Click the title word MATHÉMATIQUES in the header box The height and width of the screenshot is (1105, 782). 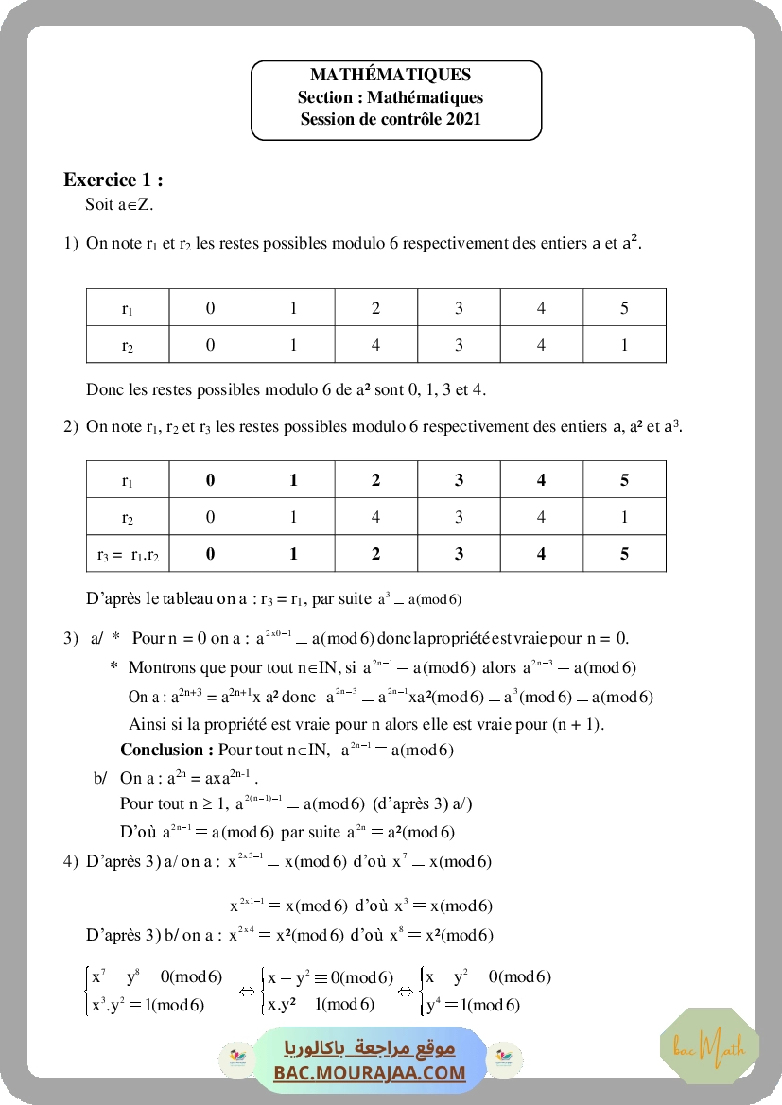coord(391,76)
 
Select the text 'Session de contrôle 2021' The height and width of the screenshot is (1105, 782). coord(391,119)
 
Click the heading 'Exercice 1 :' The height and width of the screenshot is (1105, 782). coord(113,180)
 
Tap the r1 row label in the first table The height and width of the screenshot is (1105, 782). coord(128,308)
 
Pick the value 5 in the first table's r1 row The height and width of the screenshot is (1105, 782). coord(624,308)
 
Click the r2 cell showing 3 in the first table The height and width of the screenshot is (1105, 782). coord(459,345)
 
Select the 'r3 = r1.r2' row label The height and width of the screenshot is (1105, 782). coord(128,555)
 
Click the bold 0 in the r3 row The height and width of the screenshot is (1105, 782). coord(210,555)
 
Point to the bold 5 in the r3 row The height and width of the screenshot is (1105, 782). coord(624,555)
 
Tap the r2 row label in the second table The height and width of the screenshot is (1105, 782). coord(128,518)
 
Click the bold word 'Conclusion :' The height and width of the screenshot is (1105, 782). coord(166,751)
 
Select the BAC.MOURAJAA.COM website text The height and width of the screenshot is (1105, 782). coord(370,1073)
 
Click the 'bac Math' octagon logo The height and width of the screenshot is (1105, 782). coord(709,1046)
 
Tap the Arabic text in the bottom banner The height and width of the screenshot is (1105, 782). coord(370,1048)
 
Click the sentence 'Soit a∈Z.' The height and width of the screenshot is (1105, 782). coord(119,204)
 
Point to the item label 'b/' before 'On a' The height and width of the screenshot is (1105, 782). coord(100,778)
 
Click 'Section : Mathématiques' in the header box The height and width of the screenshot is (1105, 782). coord(391,97)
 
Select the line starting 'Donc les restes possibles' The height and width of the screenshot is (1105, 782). coord(286,389)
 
